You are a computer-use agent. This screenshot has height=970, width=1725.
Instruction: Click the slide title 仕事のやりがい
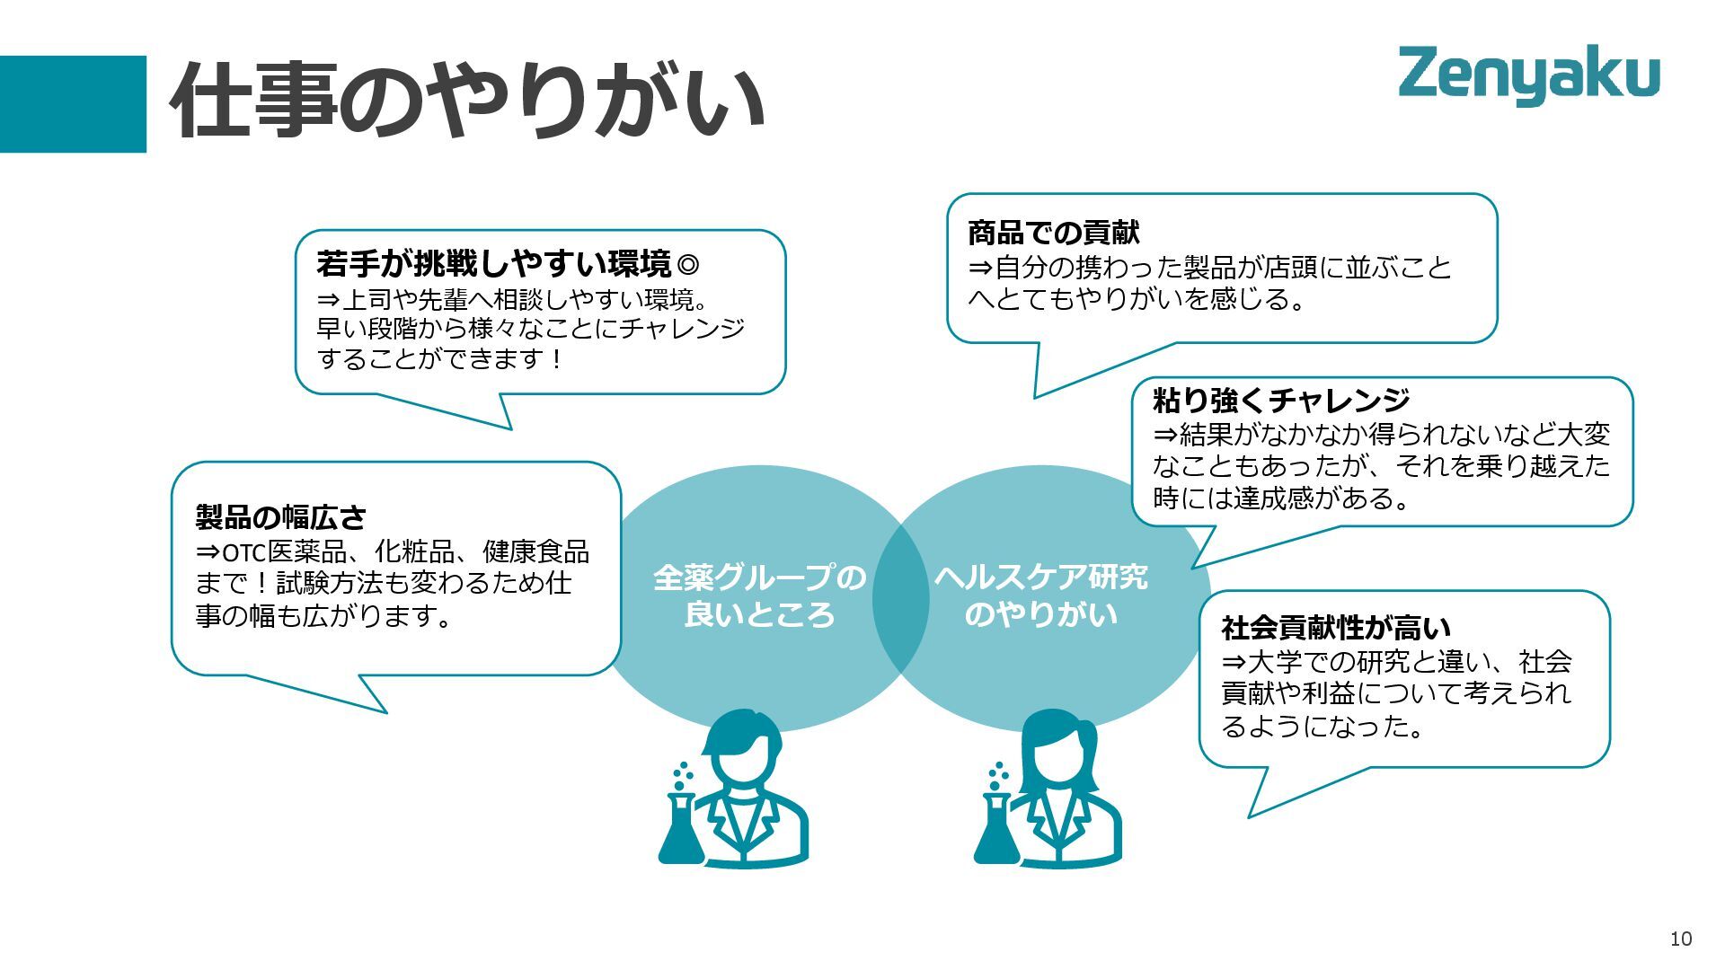tap(466, 100)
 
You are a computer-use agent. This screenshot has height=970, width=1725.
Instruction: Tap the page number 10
tap(1680, 939)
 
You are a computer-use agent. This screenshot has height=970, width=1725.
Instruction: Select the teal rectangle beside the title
tap(73, 103)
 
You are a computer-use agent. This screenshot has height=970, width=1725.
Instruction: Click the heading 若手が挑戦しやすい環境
tap(494, 264)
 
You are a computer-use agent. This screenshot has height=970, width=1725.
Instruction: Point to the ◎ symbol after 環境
tap(687, 265)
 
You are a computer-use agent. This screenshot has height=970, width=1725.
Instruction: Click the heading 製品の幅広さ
tap(281, 516)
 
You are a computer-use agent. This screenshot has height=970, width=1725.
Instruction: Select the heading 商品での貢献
tap(1053, 233)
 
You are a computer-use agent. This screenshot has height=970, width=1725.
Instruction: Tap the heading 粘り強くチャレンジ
tap(1281, 400)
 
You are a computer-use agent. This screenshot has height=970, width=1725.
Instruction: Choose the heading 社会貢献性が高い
tap(1336, 627)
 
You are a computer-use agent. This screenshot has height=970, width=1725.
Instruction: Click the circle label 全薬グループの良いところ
tap(759, 595)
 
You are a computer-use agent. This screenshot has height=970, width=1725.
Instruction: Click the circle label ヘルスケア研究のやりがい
tap(1040, 595)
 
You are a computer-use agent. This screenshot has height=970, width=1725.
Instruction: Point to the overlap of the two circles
tap(900, 597)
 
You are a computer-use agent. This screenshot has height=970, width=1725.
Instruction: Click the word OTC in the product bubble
tap(244, 552)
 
